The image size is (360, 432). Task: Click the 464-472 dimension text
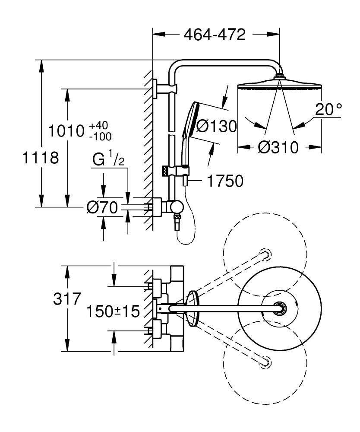coord(215,35)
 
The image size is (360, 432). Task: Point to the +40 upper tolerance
coord(99,125)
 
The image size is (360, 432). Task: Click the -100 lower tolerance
coord(100,136)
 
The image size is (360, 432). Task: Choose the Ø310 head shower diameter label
coord(278,148)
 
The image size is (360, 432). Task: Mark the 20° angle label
coord(328,109)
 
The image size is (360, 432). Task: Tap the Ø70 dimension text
coord(102,208)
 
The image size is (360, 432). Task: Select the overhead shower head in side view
coord(280,84)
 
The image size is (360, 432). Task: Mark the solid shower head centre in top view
coord(280,308)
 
